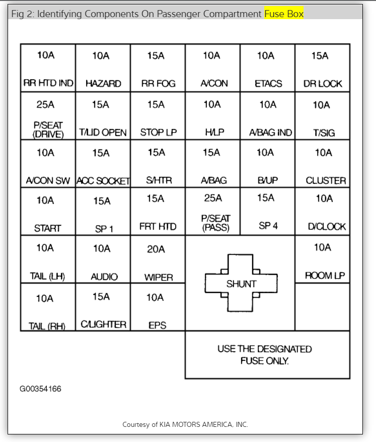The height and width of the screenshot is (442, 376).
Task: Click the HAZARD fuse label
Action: coord(103,84)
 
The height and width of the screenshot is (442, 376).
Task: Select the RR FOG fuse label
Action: coord(158,84)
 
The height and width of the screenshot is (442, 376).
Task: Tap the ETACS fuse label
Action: coord(268,84)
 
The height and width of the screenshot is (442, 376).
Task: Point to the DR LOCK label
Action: coord(323,84)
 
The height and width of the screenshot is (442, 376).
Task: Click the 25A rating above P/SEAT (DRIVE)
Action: coord(46,105)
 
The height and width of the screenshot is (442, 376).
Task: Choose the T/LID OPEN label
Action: coord(103,133)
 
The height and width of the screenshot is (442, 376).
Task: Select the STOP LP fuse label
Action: coord(158,133)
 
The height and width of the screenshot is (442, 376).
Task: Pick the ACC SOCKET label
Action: coord(103,180)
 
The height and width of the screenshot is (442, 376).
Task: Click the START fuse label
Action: coord(47,228)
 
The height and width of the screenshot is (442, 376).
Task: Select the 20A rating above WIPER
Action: coord(156,249)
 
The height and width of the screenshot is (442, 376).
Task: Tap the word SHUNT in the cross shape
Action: coord(241,284)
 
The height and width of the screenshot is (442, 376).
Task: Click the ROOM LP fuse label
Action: coord(325,275)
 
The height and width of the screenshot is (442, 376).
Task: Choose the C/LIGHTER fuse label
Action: coord(104,324)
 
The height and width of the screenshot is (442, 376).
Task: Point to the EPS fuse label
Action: coord(157,326)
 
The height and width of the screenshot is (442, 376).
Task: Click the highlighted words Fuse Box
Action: coord(284,14)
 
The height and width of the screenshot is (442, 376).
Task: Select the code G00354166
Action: coord(41,389)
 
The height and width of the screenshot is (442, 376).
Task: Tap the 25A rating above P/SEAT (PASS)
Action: coord(213,198)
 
